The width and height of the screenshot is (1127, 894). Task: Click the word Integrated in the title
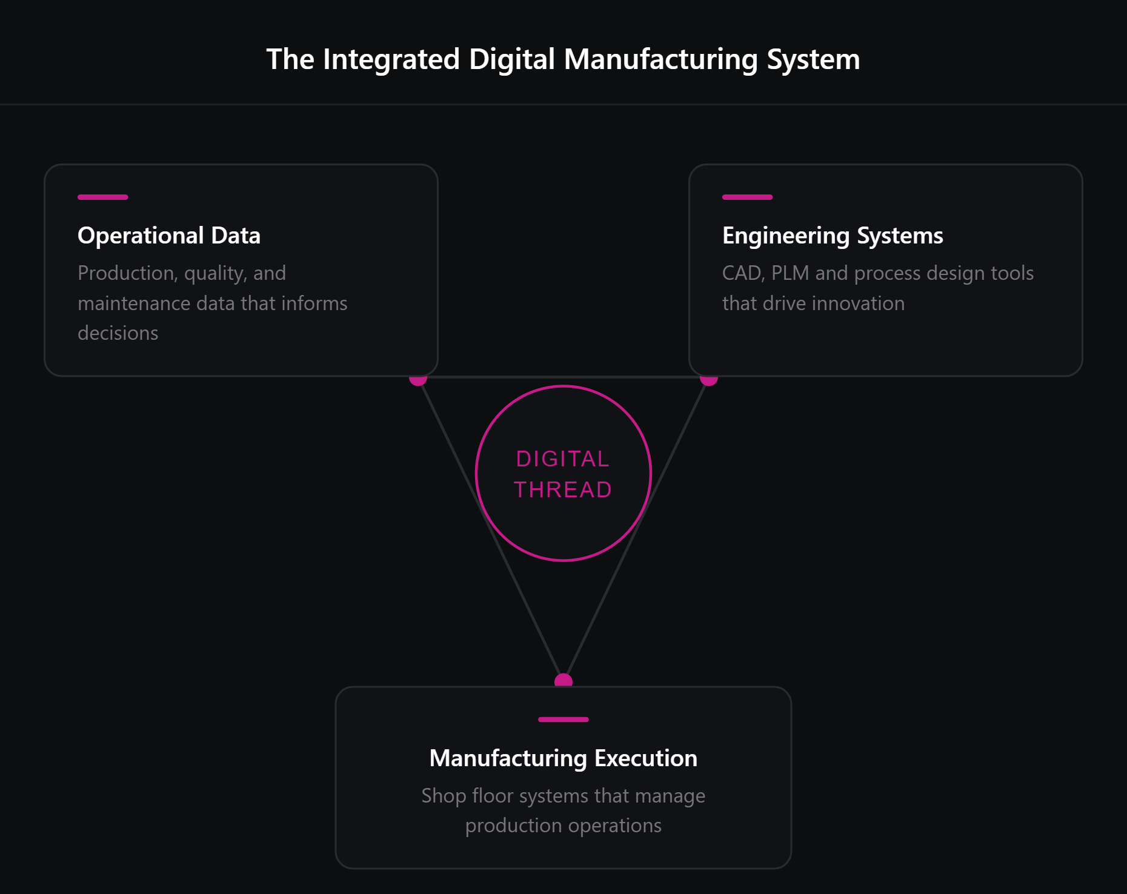391,59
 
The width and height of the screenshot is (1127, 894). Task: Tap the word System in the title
813,59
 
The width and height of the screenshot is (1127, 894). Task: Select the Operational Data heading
169,236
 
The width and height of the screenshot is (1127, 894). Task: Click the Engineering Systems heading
833,236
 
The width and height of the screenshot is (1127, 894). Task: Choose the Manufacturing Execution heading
563,758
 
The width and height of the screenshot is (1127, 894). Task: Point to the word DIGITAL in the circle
563,459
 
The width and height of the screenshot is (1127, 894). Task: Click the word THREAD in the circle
563,489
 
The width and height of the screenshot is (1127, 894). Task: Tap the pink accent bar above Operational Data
102,197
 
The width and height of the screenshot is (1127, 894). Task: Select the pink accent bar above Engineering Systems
747,197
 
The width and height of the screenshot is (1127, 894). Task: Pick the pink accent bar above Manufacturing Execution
563,720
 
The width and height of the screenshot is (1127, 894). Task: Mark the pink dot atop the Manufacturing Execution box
563,680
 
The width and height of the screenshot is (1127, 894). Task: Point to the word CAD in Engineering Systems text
742,273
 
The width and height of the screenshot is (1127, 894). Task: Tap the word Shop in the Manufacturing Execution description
444,796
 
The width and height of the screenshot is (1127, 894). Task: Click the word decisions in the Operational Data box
118,333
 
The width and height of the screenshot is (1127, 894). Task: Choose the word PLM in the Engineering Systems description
790,273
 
